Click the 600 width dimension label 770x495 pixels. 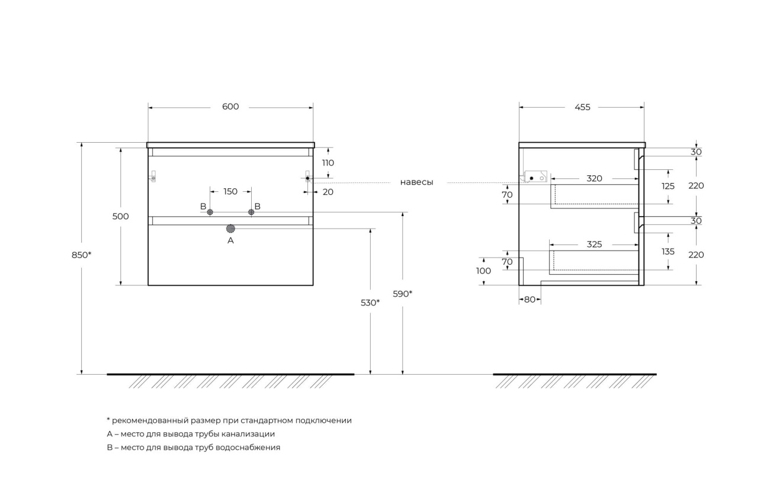tap(230, 107)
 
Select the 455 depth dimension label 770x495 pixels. tap(582, 107)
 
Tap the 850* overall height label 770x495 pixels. tap(82, 255)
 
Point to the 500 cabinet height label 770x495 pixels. tap(120, 216)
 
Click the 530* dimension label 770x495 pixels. tap(370, 303)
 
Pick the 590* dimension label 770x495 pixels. tap(402, 294)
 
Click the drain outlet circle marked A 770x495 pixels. tap(230, 228)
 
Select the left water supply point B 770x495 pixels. tap(210, 212)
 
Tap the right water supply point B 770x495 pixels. tap(251, 212)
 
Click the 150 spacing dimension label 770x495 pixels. tap(230, 191)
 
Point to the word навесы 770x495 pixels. tap(416, 182)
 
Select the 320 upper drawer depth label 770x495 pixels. tap(594, 178)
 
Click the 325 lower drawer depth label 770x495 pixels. tap(594, 244)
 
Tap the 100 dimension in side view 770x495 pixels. tap(483, 271)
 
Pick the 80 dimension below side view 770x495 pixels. tap(530, 300)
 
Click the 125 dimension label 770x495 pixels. tap(668, 186)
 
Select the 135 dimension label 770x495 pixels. tap(668, 252)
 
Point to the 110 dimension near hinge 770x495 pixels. tap(328, 162)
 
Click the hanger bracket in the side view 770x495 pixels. tap(535, 177)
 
